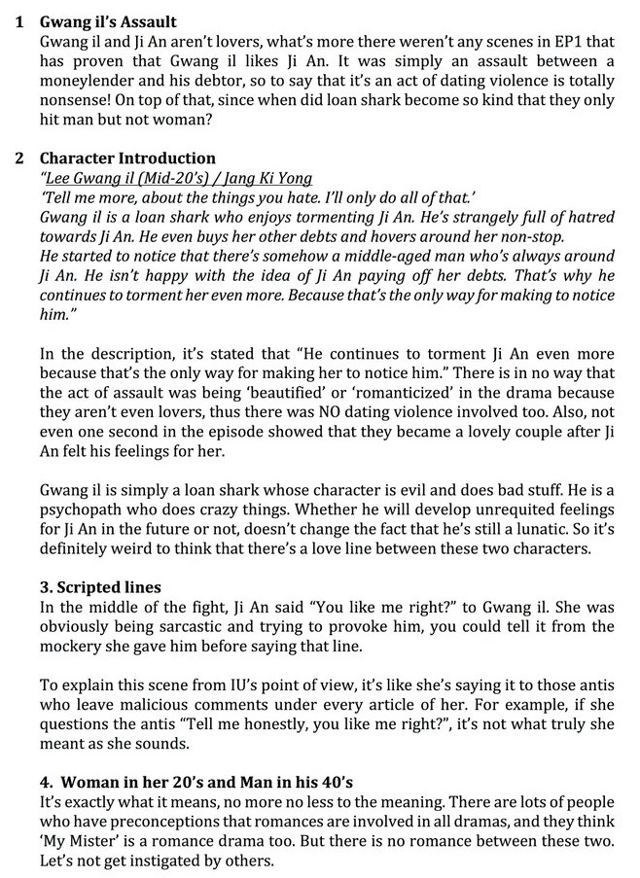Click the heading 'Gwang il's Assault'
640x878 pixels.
click(x=108, y=20)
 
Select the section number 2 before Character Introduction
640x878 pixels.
click(x=18, y=158)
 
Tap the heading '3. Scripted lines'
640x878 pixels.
click(x=100, y=587)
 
